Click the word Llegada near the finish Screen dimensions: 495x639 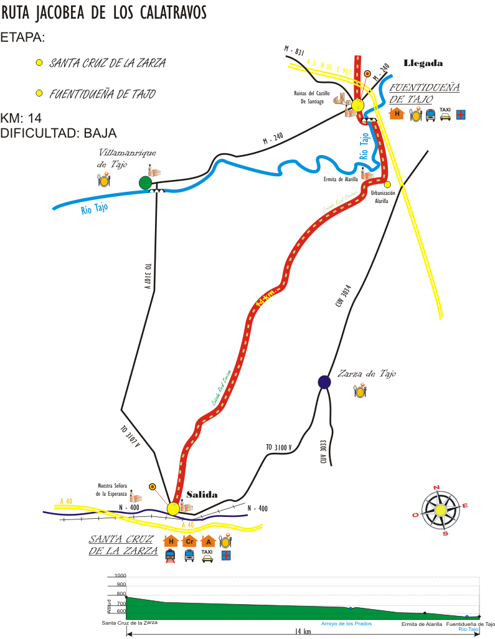click(423, 63)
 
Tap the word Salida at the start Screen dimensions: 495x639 click(202, 495)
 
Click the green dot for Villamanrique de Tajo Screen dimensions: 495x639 click(145, 182)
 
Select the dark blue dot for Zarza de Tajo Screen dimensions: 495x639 click(324, 382)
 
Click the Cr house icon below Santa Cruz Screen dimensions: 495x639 click(190, 541)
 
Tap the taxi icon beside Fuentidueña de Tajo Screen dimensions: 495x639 click(445, 114)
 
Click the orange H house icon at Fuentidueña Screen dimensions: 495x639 click(396, 113)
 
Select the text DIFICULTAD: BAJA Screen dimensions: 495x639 click(59, 133)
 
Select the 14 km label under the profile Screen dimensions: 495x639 click(303, 632)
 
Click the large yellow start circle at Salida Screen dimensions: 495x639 click(173, 509)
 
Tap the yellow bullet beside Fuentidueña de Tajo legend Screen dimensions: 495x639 click(39, 93)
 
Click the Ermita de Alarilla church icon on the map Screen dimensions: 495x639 click(367, 175)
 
